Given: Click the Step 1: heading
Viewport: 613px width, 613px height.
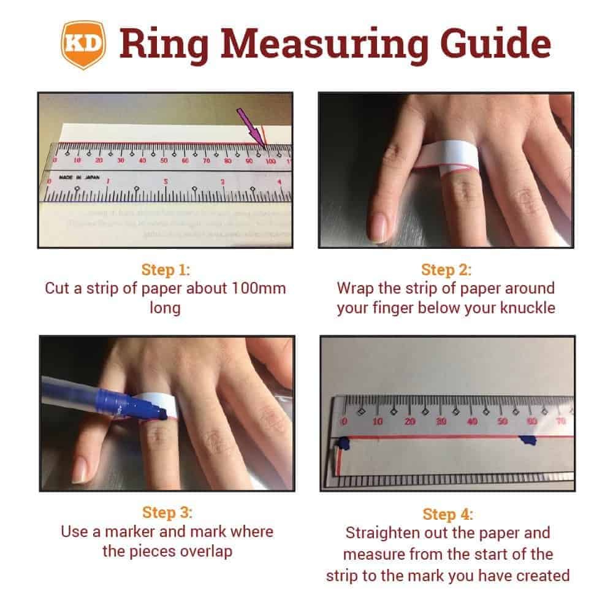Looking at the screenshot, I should coord(165,270).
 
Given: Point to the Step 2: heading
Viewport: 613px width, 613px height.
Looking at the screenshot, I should coord(446,270).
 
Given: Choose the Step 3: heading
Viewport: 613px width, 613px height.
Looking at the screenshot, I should coord(166,512).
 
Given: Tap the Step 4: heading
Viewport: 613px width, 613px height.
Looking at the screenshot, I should coord(447,514).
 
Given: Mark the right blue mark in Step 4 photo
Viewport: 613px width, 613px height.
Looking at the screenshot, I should coord(527,441).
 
